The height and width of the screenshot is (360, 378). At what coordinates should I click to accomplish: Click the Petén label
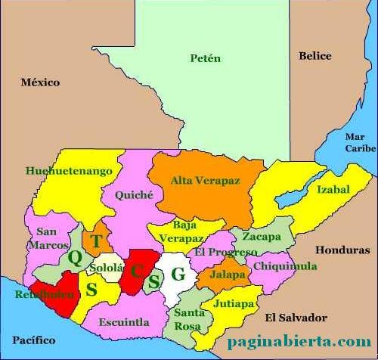[x=205, y=58]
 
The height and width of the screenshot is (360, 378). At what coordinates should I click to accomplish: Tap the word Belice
[x=314, y=55]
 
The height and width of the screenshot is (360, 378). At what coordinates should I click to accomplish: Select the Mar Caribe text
[x=359, y=143]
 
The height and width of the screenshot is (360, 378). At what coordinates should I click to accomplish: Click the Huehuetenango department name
[x=64, y=171]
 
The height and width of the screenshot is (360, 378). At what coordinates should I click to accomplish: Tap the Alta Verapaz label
[x=205, y=181]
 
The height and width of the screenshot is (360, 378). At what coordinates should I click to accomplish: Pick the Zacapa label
[x=262, y=237]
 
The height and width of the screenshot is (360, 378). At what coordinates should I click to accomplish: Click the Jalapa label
[x=227, y=275]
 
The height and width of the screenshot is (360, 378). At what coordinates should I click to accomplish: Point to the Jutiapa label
[x=233, y=303]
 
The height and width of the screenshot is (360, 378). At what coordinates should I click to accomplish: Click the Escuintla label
[x=124, y=321]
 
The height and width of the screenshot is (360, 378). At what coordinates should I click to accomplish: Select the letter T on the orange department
[x=96, y=241]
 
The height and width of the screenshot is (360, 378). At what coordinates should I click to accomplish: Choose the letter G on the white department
[x=178, y=275]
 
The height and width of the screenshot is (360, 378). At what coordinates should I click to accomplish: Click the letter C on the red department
[x=137, y=270]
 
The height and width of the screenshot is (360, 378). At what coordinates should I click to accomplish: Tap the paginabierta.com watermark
[x=299, y=342]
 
